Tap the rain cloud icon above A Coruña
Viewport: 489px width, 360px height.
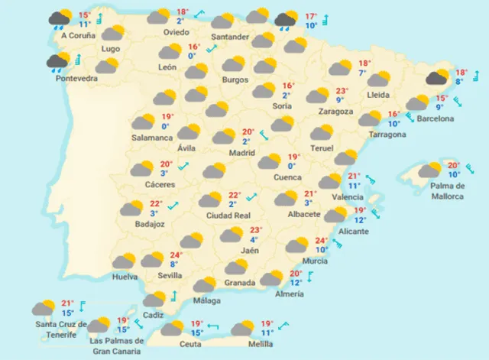pyautogui.click(x=60, y=18)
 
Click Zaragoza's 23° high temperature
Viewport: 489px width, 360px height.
pyautogui.click(x=342, y=90)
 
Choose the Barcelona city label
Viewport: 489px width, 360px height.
pyautogui.click(x=434, y=118)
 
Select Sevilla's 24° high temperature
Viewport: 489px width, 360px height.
pyautogui.click(x=176, y=255)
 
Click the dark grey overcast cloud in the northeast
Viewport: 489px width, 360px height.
pyautogui.click(x=438, y=77)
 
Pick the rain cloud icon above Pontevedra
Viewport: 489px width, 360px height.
pyautogui.click(x=57, y=61)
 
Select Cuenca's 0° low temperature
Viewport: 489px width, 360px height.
pyautogui.click(x=291, y=166)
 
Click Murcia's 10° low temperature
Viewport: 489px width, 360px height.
pyautogui.click(x=322, y=248)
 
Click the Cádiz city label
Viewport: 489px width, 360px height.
pyautogui.click(x=154, y=316)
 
